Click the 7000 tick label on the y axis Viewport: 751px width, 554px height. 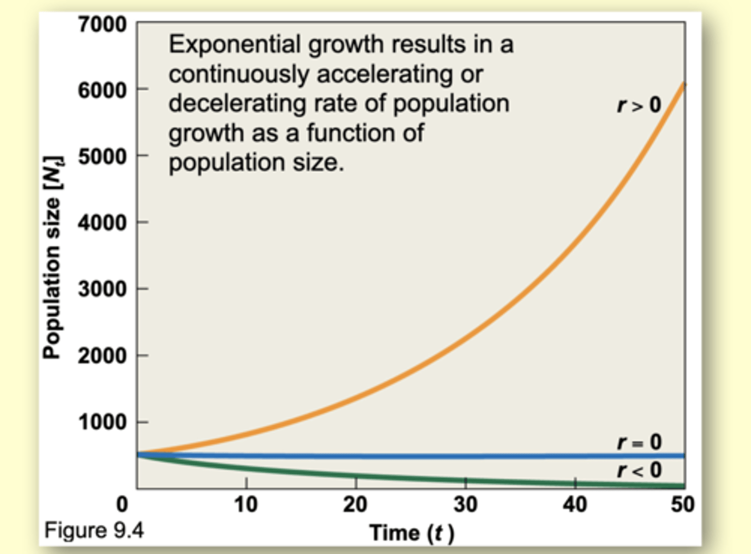point(102,25)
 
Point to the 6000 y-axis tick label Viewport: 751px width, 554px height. point(102,91)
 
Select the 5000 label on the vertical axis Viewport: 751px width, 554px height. point(102,156)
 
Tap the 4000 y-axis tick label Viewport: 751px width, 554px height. point(102,223)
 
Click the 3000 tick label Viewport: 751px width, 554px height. point(102,289)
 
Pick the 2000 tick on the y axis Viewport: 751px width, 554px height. point(102,356)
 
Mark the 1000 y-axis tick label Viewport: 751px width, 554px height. point(102,422)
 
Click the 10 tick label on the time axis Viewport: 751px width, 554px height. point(246,504)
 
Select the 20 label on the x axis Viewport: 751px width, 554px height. point(355,504)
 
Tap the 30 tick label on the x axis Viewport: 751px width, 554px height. point(465,504)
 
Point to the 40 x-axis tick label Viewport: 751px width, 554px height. point(575,504)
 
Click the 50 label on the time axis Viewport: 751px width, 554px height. point(682,504)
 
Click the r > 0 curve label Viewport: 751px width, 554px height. point(639,105)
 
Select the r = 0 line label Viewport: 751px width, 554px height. point(639,442)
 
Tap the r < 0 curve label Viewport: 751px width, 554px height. point(639,470)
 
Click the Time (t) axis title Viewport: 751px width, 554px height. point(411,533)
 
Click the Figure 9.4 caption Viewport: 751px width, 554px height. point(94,531)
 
